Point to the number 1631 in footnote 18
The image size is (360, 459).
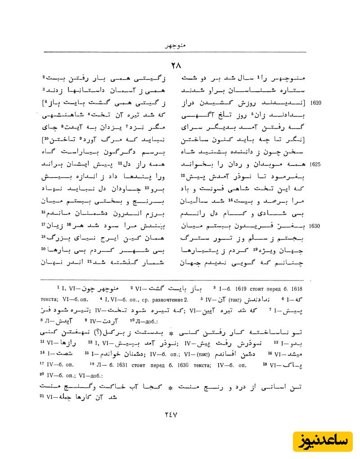coord(117,365)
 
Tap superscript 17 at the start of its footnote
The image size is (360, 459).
coord(42,365)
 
